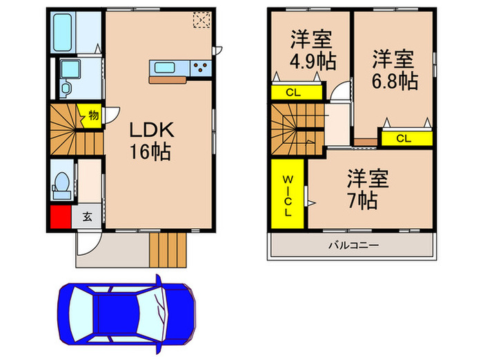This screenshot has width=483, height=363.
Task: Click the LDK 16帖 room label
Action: (153, 141)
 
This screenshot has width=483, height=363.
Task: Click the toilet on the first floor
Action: (61, 182)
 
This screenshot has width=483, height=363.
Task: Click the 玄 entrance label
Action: (88, 216)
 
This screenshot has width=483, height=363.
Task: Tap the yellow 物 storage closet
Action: (91, 115)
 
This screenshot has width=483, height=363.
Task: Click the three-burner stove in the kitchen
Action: (200, 67)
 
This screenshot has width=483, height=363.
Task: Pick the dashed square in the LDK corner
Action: (202, 20)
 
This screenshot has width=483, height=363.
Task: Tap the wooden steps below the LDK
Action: (169, 249)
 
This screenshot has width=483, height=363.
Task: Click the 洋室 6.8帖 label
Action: (395, 69)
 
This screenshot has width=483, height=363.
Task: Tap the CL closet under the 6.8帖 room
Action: (405, 138)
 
